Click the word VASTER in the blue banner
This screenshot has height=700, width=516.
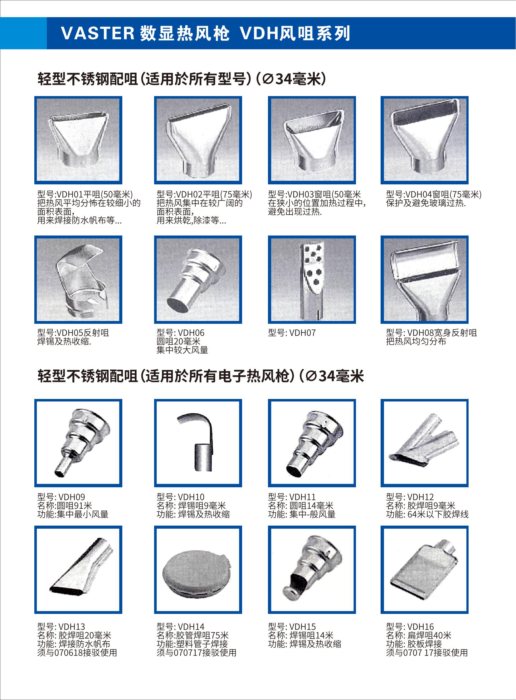click(97, 33)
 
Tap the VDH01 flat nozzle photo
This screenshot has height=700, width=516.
click(78, 140)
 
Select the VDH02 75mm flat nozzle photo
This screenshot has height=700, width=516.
click(198, 140)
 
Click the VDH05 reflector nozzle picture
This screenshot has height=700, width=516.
click(78, 280)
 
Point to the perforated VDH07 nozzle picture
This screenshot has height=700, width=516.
click(312, 280)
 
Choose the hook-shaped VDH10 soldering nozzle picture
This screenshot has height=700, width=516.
click(198, 443)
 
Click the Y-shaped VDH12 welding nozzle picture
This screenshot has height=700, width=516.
click(425, 443)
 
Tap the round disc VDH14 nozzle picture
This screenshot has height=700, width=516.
click(198, 570)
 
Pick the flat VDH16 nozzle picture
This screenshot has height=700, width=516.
click(425, 570)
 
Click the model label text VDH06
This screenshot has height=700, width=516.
click(191, 333)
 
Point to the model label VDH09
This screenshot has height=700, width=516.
click(71, 497)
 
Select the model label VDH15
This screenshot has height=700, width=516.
click(302, 627)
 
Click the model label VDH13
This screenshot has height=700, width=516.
click(71, 627)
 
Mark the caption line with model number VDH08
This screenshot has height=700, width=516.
click(431, 333)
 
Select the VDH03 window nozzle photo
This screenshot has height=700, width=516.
click(312, 140)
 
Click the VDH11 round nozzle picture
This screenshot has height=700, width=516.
click(312, 443)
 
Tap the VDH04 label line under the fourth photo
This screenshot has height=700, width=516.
click(434, 195)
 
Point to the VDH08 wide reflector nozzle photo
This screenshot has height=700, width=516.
click(425, 280)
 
